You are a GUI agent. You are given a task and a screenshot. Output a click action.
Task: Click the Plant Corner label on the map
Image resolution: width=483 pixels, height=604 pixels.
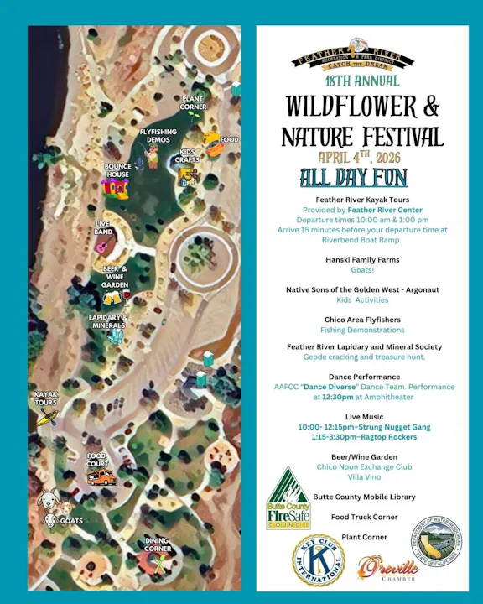pos(194,102)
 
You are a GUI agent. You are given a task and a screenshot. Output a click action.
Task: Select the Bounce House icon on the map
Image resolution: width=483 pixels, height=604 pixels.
pos(117,185)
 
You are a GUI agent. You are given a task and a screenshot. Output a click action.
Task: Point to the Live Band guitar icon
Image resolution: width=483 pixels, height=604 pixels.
pos(102,247)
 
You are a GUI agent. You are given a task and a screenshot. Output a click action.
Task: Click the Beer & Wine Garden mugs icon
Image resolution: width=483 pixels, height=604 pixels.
pos(112,297)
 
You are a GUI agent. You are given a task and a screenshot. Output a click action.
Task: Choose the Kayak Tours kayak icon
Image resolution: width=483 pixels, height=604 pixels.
pos(46,416)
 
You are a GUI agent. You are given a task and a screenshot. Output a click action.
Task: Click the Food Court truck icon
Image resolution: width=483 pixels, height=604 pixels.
pos(101,477)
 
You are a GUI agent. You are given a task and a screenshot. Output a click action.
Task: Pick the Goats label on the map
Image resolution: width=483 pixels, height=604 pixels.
pos(71,521)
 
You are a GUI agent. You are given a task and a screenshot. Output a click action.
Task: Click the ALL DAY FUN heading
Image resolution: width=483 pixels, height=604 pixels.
pos(354,179)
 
